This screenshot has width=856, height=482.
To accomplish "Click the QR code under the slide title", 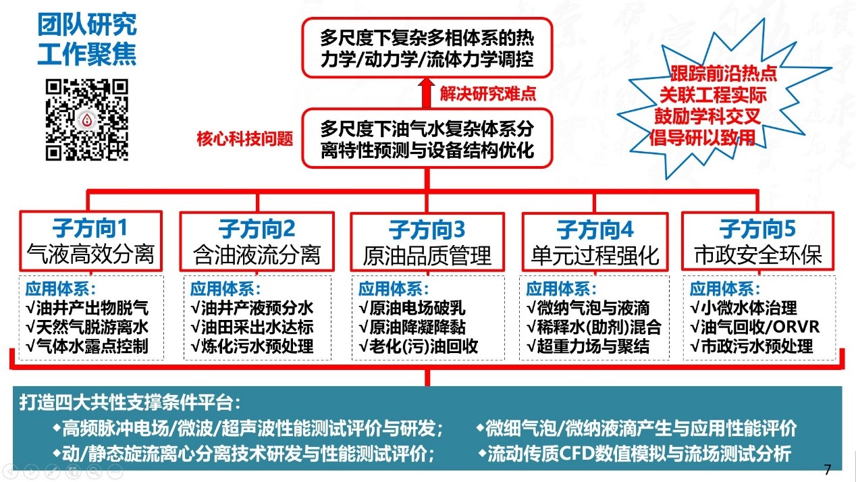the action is pyautogui.click(x=86, y=119).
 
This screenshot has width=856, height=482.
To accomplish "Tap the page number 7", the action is pyautogui.click(x=828, y=469).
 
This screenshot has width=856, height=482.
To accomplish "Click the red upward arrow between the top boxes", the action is pyautogui.click(x=427, y=93).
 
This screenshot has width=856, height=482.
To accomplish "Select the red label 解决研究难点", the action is pyautogui.click(x=488, y=94).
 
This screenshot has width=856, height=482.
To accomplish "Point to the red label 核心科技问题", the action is pyautogui.click(x=245, y=139).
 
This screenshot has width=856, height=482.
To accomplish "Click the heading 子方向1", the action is pyautogui.click(x=90, y=228).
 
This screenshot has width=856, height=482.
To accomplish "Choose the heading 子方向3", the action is pyautogui.click(x=427, y=230).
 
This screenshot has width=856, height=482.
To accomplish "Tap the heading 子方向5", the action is pyautogui.click(x=757, y=229).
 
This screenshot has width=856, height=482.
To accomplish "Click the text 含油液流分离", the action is pyautogui.click(x=257, y=255).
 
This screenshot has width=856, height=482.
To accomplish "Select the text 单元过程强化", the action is pyautogui.click(x=595, y=255).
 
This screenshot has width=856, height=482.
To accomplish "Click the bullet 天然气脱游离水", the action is pyautogui.click(x=87, y=327).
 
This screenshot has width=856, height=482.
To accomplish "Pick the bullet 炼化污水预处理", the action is pyautogui.click(x=252, y=346).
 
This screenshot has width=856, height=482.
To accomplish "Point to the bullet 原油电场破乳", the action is pyautogui.click(x=412, y=308).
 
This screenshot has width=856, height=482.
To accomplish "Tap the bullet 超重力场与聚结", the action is pyautogui.click(x=588, y=346).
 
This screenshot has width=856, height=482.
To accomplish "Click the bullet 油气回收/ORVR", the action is pyautogui.click(x=755, y=327).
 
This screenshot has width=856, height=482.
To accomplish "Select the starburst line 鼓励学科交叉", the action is pyautogui.click(x=707, y=116).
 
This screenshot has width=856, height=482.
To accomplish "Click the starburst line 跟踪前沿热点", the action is pyautogui.click(x=724, y=74).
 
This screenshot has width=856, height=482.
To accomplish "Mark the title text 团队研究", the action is pyautogui.click(x=87, y=25).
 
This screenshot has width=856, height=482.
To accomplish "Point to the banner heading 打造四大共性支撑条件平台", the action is pyautogui.click(x=130, y=402).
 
